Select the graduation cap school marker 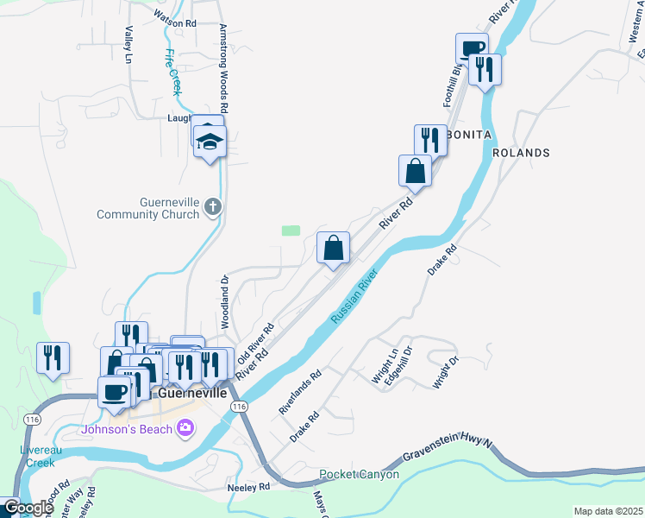[x=209, y=140]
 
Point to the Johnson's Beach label [x=127, y=429]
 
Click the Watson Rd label [x=175, y=23]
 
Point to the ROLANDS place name [x=521, y=153]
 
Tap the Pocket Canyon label [x=359, y=475]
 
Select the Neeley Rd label [x=248, y=487]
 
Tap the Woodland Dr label [x=223, y=301]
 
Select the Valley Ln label [x=128, y=44]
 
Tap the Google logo [x=28, y=508]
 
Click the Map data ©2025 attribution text [x=607, y=511]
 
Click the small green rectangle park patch [x=291, y=231]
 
